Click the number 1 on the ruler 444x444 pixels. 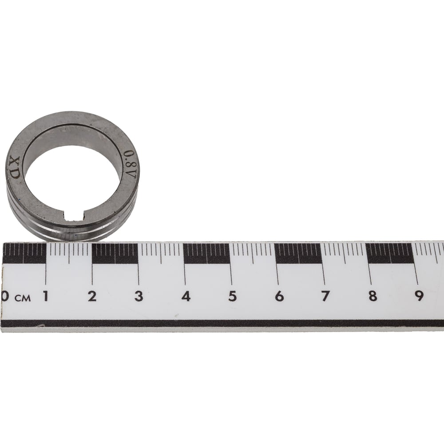pyautogui.click(x=45, y=296)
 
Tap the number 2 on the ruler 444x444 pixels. pyautogui.click(x=92, y=296)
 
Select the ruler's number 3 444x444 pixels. pyautogui.click(x=139, y=296)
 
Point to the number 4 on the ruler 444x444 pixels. pyautogui.click(x=186, y=296)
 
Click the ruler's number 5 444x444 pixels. pyautogui.click(x=233, y=296)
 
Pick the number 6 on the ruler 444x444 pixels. pyautogui.click(x=279, y=296)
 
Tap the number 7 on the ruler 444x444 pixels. pyautogui.click(x=325, y=296)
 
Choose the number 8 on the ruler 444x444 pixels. pyautogui.click(x=373, y=296)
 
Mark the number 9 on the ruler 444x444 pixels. pyautogui.click(x=419, y=296)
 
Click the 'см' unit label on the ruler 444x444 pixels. pyautogui.click(x=23, y=298)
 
